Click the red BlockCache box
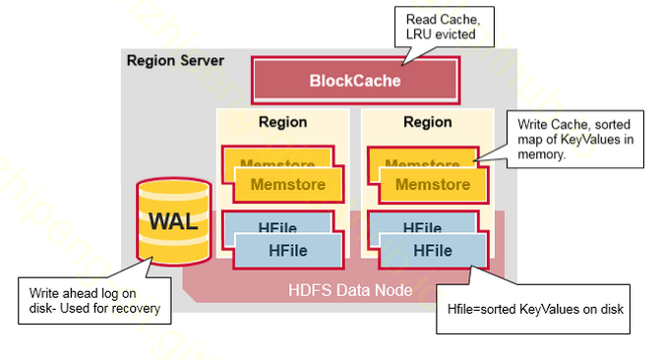click(355, 81)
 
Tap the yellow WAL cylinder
click(172, 221)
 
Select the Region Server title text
click(175, 61)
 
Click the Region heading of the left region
click(282, 123)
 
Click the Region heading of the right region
click(428, 123)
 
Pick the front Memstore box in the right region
click(433, 184)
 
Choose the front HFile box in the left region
click(288, 251)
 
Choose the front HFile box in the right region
click(433, 251)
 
